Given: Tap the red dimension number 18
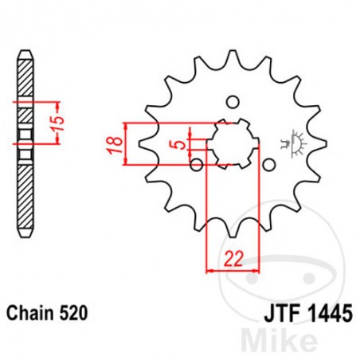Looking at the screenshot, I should [115, 144].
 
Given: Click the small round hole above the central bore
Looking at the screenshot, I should [233, 102].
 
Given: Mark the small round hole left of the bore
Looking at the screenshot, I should [196, 165].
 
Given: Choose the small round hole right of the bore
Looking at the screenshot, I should [269, 165].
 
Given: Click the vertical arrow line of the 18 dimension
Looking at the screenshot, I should [127, 144].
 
